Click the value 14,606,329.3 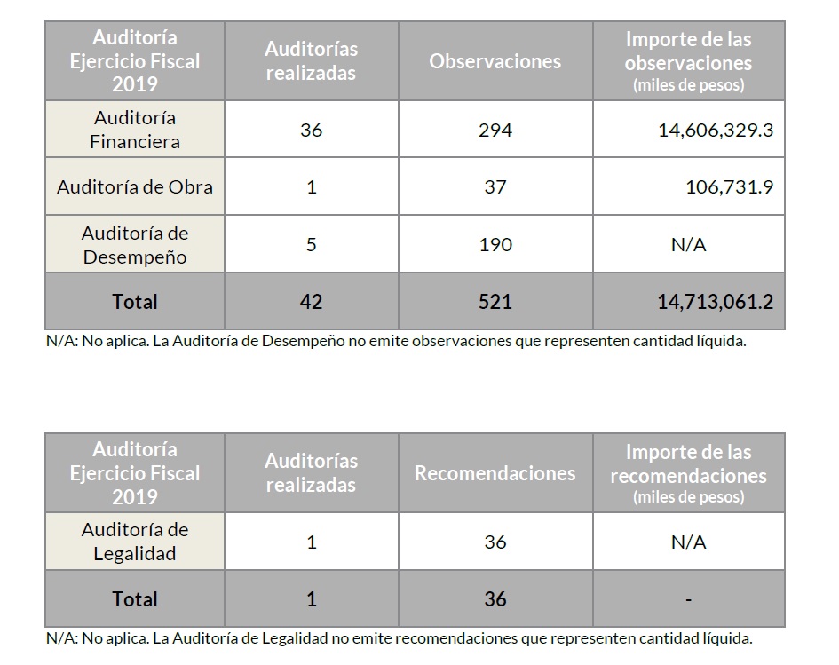point(716,130)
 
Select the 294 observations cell point(495,130)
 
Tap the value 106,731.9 point(729,186)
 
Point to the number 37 point(495,186)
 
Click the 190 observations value point(495,244)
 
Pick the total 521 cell point(495,302)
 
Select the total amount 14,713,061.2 point(716,302)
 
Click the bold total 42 point(311,302)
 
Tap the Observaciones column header point(495,61)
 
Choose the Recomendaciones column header point(495,473)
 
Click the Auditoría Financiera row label point(135,130)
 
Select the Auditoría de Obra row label point(135,186)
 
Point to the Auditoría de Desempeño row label point(135,245)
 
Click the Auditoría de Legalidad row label point(135,542)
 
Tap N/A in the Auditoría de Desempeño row point(689,244)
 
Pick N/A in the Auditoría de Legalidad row point(689,542)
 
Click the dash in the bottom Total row point(689,599)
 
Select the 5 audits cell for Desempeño point(311,244)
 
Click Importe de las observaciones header point(689,61)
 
